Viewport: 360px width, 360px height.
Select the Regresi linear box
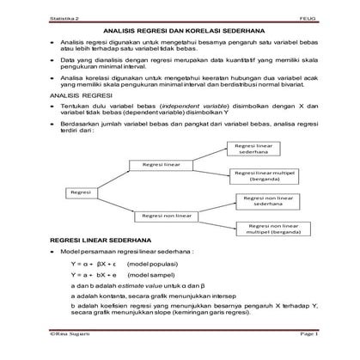tap(161, 163)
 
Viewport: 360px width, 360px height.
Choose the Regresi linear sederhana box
tap(259, 150)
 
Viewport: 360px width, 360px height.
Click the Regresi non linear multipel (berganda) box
tap(271, 228)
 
